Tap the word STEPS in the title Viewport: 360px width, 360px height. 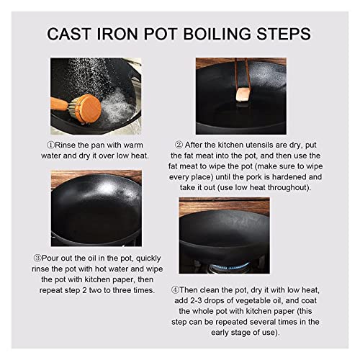[284, 34]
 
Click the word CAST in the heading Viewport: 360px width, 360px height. [69, 34]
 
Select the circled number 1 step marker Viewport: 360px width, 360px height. [50, 145]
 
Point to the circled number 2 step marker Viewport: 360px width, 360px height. [179, 145]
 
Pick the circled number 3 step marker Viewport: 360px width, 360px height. [37, 258]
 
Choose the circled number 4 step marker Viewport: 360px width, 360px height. [175, 290]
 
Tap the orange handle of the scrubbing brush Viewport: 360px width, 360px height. [60, 104]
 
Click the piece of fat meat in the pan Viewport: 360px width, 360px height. [243, 95]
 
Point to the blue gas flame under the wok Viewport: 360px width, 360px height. [229, 266]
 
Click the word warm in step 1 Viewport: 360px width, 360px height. [132, 145]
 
